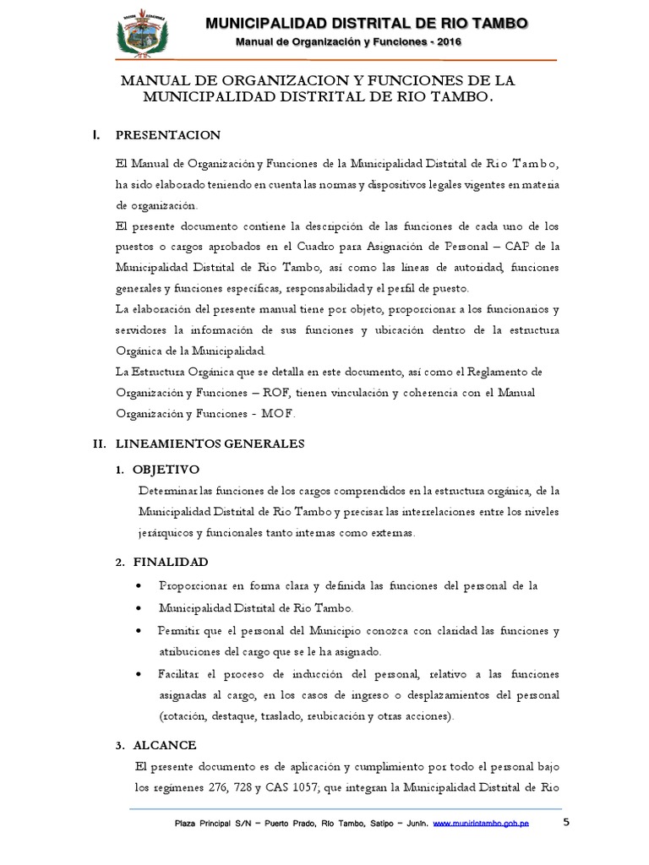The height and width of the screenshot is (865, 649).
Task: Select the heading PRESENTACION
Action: pyautogui.click(x=167, y=135)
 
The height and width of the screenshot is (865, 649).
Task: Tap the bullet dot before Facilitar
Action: pyautogui.click(x=139, y=675)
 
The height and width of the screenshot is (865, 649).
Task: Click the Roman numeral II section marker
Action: pyautogui.click(x=98, y=443)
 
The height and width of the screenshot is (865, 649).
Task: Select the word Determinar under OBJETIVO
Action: pyautogui.click(x=166, y=491)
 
